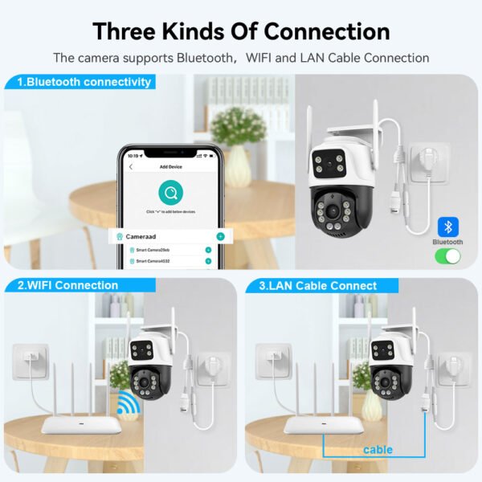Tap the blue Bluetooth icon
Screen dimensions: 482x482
(447, 226)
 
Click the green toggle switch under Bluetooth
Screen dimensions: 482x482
(447, 256)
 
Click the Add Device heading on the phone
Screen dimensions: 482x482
(171, 166)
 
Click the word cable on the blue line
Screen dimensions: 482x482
(378, 449)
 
